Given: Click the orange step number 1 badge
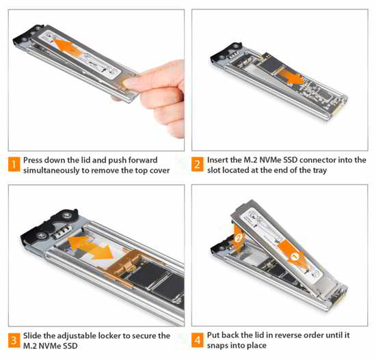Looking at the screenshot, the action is pos(14,164).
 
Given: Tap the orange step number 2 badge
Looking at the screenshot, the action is pos(198,164).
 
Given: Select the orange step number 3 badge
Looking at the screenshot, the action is pos(14,340).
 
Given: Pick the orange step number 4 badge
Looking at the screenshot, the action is pos(198,340).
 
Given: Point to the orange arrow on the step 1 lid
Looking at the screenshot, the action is pos(66,47).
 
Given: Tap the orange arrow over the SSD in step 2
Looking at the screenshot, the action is pos(291,76).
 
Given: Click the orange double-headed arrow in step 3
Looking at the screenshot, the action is pos(91,248).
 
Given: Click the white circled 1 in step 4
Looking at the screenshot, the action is pos(295,257).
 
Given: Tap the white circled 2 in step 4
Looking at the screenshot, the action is pos(239,238).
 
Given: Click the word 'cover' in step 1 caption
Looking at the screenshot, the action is pos(159,170).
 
